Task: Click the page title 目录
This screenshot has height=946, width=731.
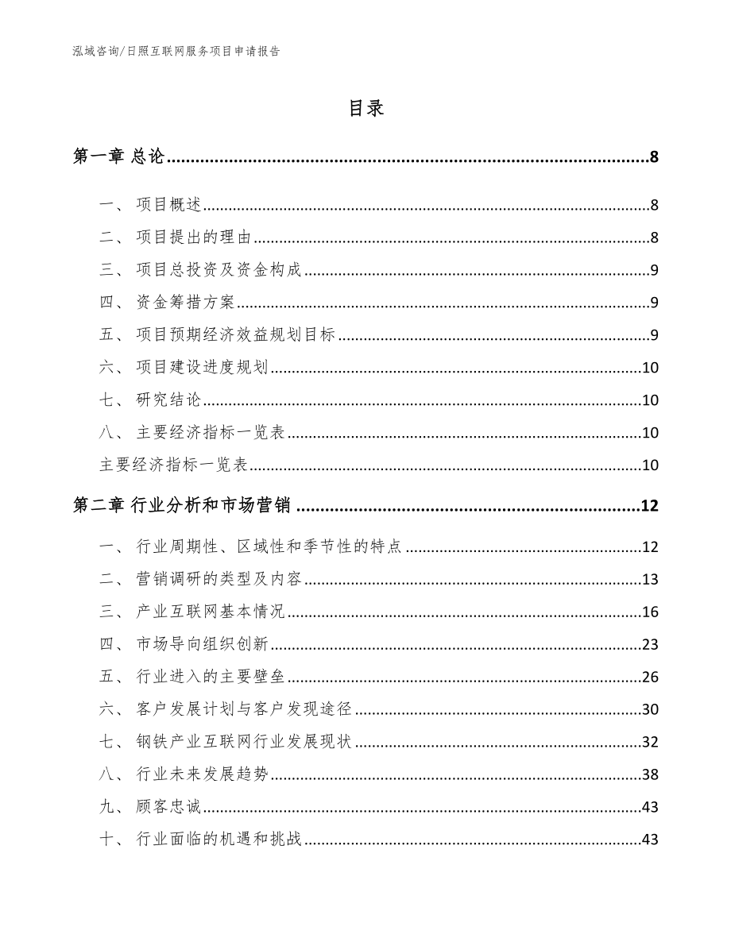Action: click(365, 109)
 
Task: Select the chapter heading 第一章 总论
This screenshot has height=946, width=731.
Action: click(118, 157)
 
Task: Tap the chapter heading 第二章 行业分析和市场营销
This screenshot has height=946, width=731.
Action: click(182, 505)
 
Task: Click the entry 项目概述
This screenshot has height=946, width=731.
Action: click(169, 206)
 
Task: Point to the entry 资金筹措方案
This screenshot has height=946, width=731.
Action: click(186, 303)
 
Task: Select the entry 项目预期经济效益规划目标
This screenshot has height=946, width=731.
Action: click(236, 334)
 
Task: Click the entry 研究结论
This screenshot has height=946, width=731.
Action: click(169, 400)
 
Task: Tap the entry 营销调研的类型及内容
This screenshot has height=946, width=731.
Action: click(219, 579)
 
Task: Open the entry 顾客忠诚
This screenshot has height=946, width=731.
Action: click(169, 807)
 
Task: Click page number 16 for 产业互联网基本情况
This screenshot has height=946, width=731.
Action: click(649, 612)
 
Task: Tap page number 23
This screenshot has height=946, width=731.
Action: click(649, 644)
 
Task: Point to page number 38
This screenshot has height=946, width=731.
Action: click(649, 774)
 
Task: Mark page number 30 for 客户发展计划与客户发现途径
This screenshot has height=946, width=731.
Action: click(649, 709)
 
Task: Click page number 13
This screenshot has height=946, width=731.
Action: click(649, 579)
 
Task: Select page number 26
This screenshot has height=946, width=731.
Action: click(649, 677)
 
